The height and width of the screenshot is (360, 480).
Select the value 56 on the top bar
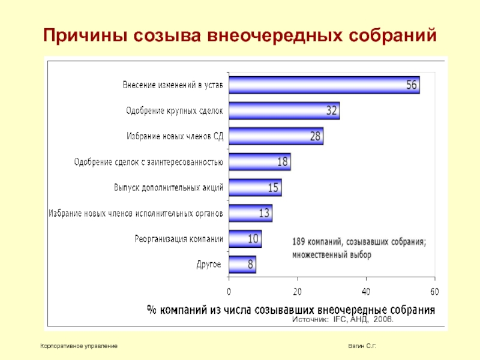412,85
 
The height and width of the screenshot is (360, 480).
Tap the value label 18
283,162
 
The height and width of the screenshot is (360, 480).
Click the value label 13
264,213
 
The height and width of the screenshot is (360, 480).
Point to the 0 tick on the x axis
229,292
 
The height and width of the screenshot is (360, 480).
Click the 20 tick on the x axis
297,292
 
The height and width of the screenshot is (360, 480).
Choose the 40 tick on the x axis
366,292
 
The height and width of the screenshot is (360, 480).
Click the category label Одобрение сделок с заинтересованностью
148,162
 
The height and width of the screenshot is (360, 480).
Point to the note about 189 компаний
359,248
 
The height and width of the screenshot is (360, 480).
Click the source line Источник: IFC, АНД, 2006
343,320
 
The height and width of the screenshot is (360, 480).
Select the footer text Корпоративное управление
78,347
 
